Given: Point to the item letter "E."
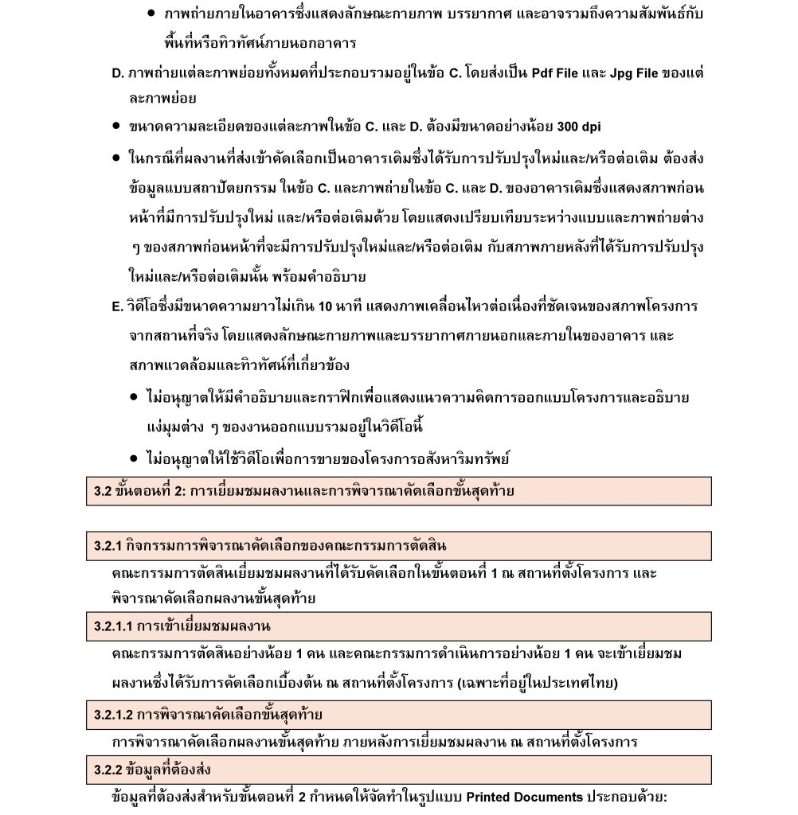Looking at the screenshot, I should click(x=118, y=306).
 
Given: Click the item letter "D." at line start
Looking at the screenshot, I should click(x=118, y=73).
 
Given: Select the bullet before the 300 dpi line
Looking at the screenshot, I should click(x=116, y=127).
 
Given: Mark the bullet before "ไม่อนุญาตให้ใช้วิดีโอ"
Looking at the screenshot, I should click(x=135, y=458).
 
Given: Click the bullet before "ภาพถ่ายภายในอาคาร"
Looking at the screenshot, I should click(x=152, y=14).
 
